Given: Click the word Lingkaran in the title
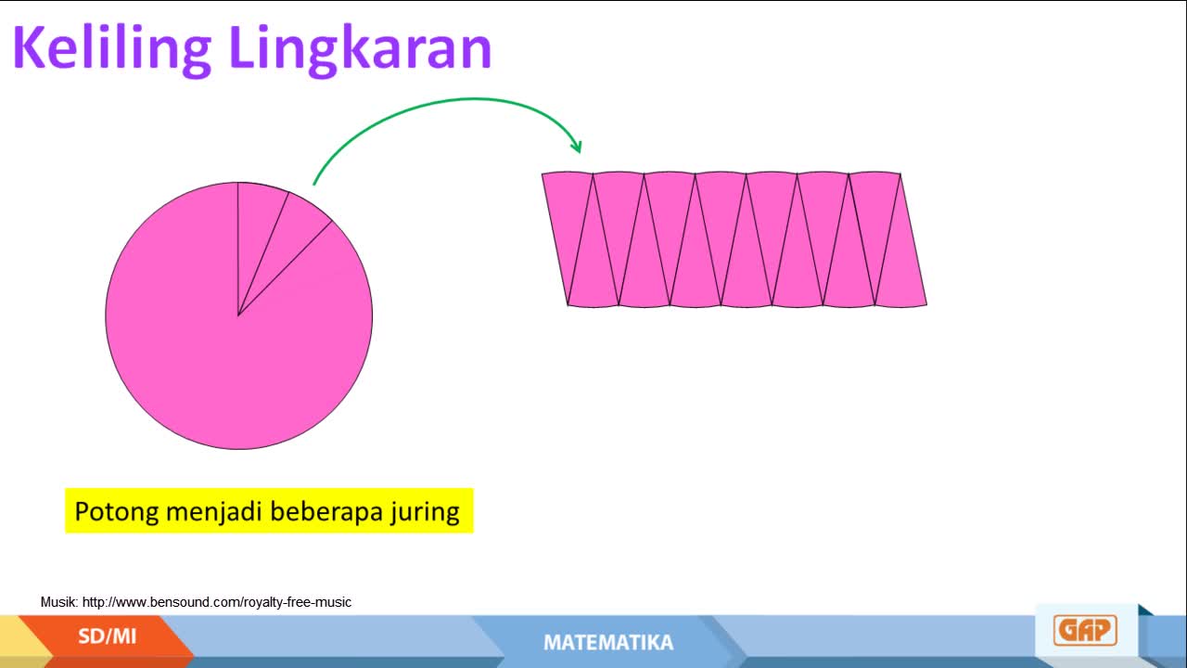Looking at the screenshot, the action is pyautogui.click(x=362, y=49).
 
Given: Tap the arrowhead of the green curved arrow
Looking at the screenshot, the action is pyautogui.click(x=577, y=147).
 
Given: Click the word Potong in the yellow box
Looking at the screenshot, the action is pyautogui.click(x=117, y=512).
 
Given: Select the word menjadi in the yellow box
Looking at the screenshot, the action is pyautogui.click(x=214, y=512).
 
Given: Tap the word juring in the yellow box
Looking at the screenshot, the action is pyautogui.click(x=425, y=512).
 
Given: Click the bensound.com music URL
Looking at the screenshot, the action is pyautogui.click(x=217, y=602).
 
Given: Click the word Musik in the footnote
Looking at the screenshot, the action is pyautogui.click(x=59, y=602).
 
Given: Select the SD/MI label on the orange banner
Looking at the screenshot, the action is pyautogui.click(x=107, y=636).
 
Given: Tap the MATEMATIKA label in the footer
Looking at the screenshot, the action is pyautogui.click(x=608, y=643).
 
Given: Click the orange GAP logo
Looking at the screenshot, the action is pyautogui.click(x=1085, y=630).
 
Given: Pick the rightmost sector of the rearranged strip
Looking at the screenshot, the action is pyautogui.click(x=903, y=254).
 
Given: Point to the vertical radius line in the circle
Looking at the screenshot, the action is pyautogui.click(x=238, y=250).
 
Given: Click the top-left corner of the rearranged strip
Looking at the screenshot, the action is pyautogui.click(x=542, y=173).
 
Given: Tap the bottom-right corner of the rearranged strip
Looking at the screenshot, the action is pyautogui.click(x=926, y=304).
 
